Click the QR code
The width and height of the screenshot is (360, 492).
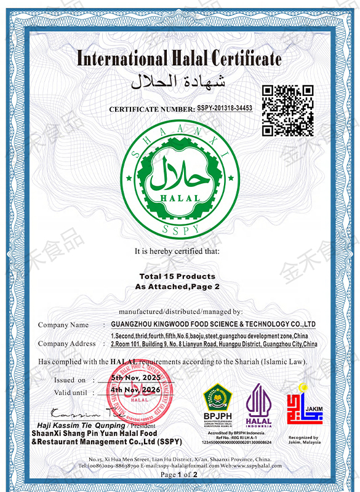click(x=288, y=111)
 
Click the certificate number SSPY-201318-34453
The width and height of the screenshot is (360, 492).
click(x=225, y=108)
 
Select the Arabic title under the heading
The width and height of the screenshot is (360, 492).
click(x=179, y=81)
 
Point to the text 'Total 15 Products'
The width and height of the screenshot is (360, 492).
click(x=177, y=276)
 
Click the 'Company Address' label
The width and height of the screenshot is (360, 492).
click(x=67, y=344)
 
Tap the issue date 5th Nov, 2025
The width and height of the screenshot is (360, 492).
click(x=135, y=378)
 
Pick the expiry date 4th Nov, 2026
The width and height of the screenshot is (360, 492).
click(x=135, y=390)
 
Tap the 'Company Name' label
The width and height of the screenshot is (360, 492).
click(x=63, y=325)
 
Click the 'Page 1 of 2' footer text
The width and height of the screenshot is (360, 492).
click(x=179, y=475)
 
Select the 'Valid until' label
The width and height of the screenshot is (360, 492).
click(x=70, y=392)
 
